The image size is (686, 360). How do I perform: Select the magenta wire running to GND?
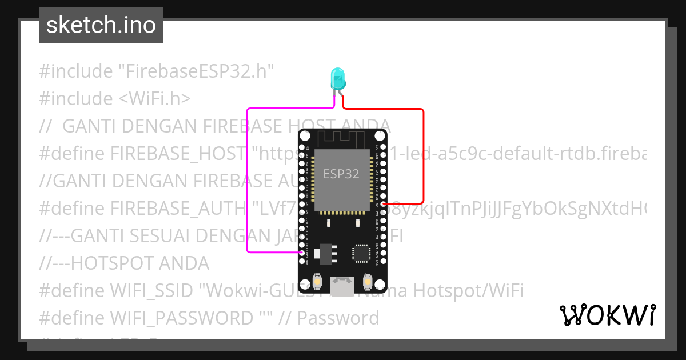pyautogui.click(x=247, y=183)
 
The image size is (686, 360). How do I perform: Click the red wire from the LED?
pyautogui.click(x=423, y=154)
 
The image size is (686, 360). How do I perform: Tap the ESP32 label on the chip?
pyautogui.click(x=341, y=174)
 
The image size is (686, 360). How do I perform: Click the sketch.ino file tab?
pyautogui.click(x=101, y=25)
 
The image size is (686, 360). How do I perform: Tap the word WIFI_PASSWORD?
pyautogui.click(x=181, y=318)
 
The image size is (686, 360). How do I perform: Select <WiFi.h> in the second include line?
pyautogui.click(x=154, y=99)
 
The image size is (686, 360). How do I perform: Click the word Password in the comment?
pyautogui.click(x=338, y=318)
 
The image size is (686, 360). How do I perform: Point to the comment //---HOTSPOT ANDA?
pyautogui.click(x=124, y=263)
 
